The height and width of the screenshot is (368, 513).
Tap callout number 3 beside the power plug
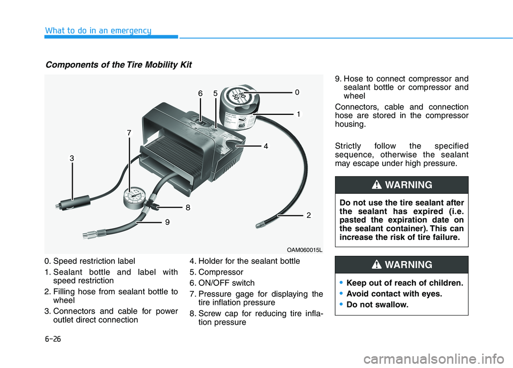71,158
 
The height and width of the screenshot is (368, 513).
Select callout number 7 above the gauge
129,132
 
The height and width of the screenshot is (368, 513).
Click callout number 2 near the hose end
308,215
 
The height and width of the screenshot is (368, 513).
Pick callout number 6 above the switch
200,93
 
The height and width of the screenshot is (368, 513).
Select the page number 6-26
53,338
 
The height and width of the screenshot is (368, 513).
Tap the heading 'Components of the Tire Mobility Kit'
119,65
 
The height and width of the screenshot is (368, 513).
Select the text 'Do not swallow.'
377,305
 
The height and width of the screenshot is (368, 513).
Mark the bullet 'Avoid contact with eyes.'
394,294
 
